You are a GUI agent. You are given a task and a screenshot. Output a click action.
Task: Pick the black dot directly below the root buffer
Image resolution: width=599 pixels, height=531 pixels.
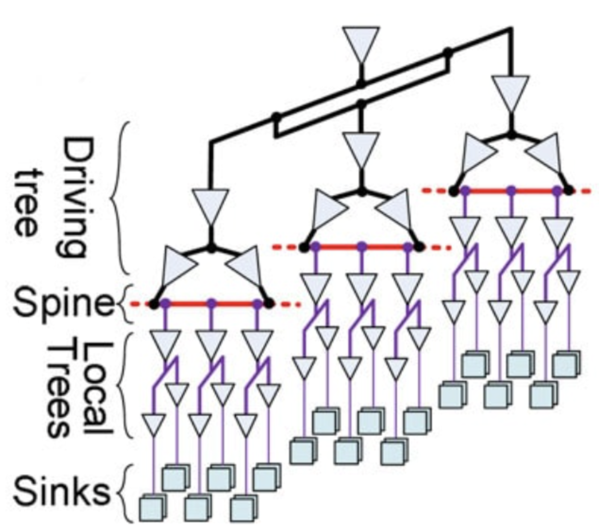point(361,85)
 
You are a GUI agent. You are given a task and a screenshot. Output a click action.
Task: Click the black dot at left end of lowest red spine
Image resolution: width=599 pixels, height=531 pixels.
point(154,304)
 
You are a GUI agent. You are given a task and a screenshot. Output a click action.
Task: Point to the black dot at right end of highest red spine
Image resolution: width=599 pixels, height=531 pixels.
point(569,191)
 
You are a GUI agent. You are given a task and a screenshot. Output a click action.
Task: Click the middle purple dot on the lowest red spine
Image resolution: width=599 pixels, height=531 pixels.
point(211,304)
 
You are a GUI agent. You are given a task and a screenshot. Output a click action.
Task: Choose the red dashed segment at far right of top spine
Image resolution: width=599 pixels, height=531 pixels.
point(582,191)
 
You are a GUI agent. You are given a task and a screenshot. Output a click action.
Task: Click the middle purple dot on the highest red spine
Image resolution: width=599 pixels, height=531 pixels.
point(511,191)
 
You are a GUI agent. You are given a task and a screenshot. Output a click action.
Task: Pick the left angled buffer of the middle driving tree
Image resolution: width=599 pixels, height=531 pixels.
point(328,209)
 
